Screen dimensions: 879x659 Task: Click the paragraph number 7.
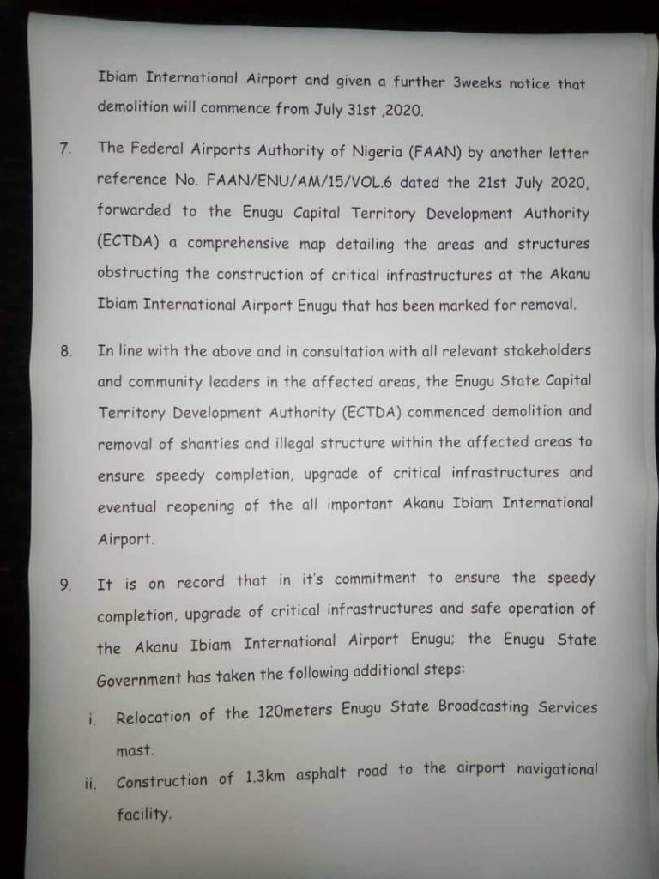coord(63,148)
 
